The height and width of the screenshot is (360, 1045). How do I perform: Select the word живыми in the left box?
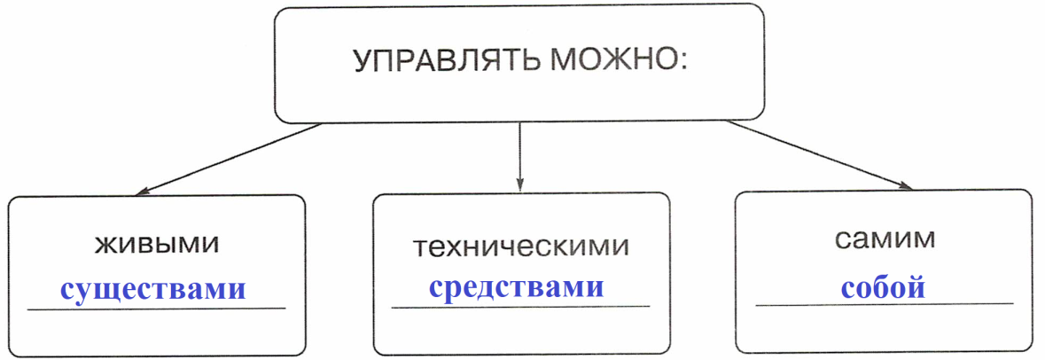[x=157, y=245]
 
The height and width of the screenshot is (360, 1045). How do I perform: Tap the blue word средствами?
[x=516, y=286]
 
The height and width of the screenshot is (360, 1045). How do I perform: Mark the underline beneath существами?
[x=156, y=309]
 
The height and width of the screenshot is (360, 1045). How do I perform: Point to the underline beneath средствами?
[x=520, y=307]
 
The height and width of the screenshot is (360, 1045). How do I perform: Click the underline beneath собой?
[x=885, y=305]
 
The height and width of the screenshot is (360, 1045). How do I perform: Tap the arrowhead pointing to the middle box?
[x=520, y=186]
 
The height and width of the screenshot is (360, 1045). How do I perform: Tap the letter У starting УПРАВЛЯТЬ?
[x=363, y=63]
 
